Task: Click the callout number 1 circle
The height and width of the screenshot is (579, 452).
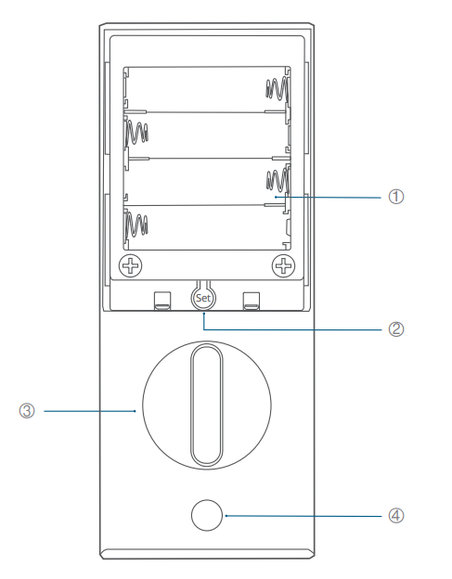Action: coord(396,197)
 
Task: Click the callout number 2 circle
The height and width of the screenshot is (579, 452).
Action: coord(396,329)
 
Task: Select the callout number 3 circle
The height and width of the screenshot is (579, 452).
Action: coord(27,411)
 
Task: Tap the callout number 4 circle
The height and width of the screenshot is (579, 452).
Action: coord(396,516)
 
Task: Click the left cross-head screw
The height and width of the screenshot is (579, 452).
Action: coord(130,265)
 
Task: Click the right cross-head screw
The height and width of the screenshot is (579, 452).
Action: coord(284,265)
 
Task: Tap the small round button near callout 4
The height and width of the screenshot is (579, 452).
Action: coord(207,516)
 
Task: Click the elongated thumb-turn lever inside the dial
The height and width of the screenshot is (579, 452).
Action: coord(207,405)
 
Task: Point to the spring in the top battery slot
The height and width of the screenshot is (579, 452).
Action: coord(278,89)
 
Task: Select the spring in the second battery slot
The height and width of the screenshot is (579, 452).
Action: coord(137,132)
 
